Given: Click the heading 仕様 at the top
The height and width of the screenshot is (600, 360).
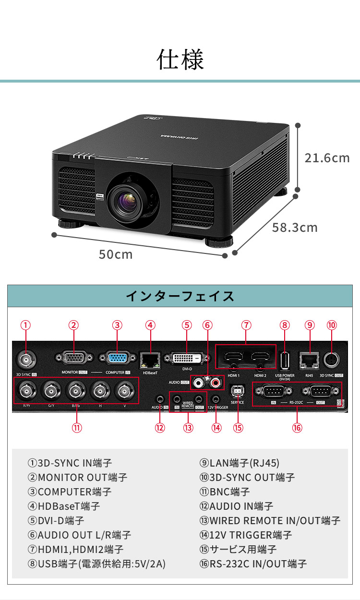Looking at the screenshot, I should coord(180,60).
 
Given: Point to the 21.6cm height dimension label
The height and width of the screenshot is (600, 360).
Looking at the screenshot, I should coord(327,158).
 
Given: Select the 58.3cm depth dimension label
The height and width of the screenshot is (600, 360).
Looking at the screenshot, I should coord(295,227).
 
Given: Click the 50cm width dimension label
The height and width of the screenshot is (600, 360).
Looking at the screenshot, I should coord(116,254).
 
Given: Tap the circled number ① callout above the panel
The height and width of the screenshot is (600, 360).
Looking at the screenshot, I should coord(25,325).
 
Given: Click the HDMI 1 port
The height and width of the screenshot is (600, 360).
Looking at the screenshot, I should coord(233,358).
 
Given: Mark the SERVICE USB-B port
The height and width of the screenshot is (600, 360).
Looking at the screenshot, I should coord(237,391).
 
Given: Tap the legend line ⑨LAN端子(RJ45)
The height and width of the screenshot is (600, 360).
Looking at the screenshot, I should coord(240,463).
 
